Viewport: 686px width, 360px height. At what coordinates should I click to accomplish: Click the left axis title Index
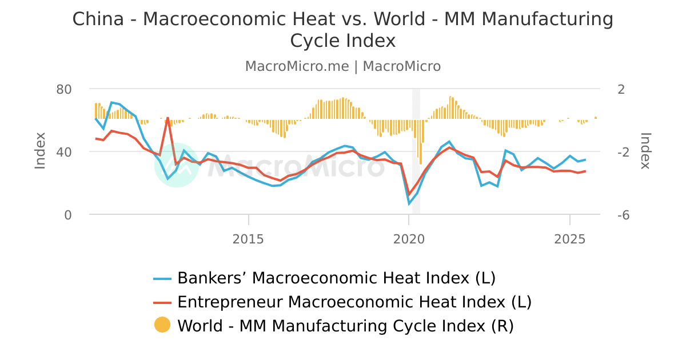click(x=40, y=150)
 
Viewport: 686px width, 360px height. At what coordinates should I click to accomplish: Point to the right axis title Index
click(x=645, y=150)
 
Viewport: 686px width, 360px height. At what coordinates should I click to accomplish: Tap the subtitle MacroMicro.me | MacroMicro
click(x=343, y=66)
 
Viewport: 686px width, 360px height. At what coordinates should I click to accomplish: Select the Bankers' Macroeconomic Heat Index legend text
click(x=336, y=278)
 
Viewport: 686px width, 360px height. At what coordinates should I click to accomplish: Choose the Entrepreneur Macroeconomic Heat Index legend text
click(x=354, y=302)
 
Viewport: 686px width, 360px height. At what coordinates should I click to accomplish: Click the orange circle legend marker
click(x=162, y=325)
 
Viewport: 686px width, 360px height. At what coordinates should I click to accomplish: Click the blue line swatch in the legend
click(x=162, y=278)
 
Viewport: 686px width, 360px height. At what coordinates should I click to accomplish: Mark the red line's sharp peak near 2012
click(x=167, y=118)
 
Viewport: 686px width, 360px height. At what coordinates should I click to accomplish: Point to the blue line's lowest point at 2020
click(x=409, y=204)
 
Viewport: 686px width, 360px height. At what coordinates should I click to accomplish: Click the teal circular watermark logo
click(x=177, y=165)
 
